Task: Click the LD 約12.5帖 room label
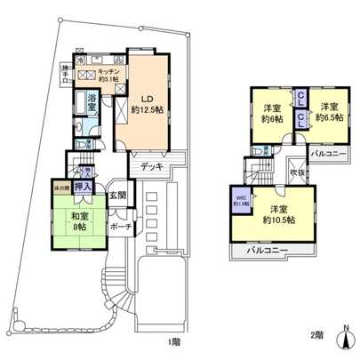pos(147,103)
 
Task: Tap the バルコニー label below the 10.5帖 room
pos(268,251)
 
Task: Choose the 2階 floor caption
pos(317,335)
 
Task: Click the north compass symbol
pos(347,337)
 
